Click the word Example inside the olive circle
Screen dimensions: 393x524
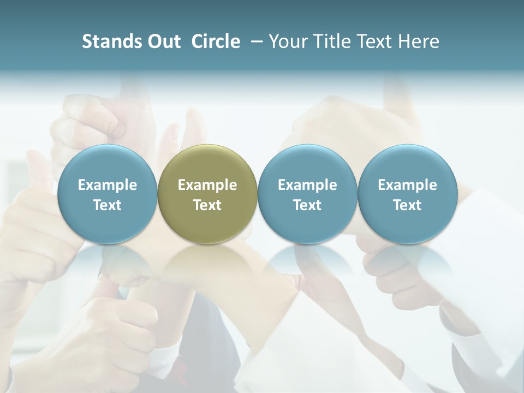coord(207,185)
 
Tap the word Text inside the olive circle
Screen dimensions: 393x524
coord(207,205)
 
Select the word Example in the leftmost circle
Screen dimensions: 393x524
coord(108,185)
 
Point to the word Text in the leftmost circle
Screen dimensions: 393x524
coord(108,205)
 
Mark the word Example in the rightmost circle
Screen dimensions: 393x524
coord(407,185)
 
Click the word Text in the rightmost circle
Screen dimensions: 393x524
coord(407,205)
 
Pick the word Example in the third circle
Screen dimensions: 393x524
coord(307,185)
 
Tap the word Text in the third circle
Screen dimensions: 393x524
coord(307,205)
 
